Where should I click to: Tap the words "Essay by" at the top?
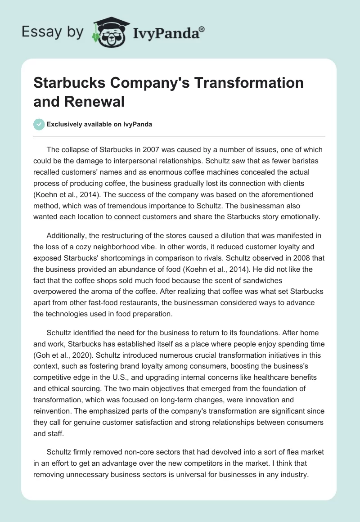(53, 31)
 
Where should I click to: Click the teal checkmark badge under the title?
(39, 124)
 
